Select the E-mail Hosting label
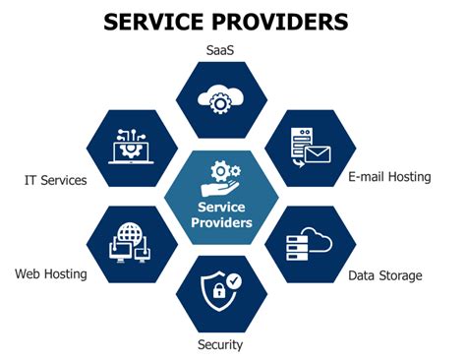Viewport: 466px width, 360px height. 390,177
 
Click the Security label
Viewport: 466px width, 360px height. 219,344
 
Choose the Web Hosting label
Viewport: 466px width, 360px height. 50,273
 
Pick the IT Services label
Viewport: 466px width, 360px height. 56,180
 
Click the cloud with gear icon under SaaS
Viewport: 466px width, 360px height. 221,98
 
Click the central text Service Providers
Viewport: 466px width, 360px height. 225,214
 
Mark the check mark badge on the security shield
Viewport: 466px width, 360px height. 233,281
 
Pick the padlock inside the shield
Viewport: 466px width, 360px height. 215,296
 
